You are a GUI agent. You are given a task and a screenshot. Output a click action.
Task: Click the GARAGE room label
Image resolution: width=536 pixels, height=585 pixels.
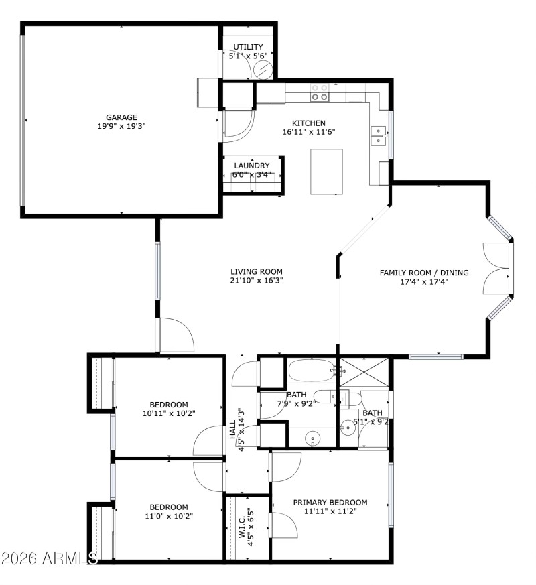[121, 117]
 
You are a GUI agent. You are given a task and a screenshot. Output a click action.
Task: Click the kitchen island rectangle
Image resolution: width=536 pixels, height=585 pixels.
[326, 172]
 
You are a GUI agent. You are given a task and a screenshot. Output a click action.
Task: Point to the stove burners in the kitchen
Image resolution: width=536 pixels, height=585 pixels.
[320, 92]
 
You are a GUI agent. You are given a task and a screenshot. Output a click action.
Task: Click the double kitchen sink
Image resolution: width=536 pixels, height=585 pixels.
[379, 136]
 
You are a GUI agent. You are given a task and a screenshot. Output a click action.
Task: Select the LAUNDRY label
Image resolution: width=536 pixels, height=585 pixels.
[252, 166]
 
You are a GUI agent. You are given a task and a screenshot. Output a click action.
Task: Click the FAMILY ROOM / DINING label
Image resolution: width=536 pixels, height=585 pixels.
[424, 273]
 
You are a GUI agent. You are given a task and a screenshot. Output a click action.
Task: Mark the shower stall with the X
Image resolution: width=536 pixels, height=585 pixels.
[364, 372]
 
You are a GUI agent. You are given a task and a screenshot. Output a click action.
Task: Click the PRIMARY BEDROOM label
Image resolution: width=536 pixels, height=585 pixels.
[330, 502]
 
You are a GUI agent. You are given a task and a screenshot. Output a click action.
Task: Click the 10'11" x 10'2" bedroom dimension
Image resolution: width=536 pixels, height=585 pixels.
[169, 414]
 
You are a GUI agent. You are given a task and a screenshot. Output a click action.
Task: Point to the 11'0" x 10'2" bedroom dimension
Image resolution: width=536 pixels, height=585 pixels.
[169, 517]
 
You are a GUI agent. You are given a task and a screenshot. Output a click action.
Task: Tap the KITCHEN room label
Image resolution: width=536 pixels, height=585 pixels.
[309, 123]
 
